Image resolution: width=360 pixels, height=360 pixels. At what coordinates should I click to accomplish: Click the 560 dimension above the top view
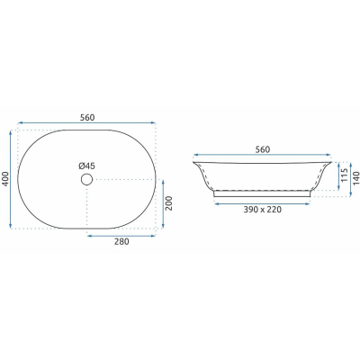click(x=87, y=118)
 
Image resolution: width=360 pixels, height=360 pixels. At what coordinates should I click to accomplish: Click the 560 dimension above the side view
click(x=263, y=149)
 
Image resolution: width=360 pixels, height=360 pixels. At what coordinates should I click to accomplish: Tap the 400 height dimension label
click(x=6, y=179)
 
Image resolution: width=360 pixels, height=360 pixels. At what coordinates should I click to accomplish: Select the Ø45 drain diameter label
click(x=87, y=166)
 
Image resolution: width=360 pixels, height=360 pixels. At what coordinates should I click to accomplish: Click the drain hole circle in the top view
click(x=86, y=179)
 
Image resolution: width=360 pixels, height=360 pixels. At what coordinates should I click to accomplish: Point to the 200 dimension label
click(x=169, y=203)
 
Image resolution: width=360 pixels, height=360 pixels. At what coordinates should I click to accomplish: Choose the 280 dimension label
click(x=121, y=241)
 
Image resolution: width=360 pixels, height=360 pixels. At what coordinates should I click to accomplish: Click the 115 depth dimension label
click(x=345, y=175)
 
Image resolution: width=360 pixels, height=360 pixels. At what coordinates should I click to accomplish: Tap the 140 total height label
click(x=356, y=178)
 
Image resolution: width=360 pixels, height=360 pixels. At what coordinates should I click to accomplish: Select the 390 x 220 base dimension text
click(x=263, y=210)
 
